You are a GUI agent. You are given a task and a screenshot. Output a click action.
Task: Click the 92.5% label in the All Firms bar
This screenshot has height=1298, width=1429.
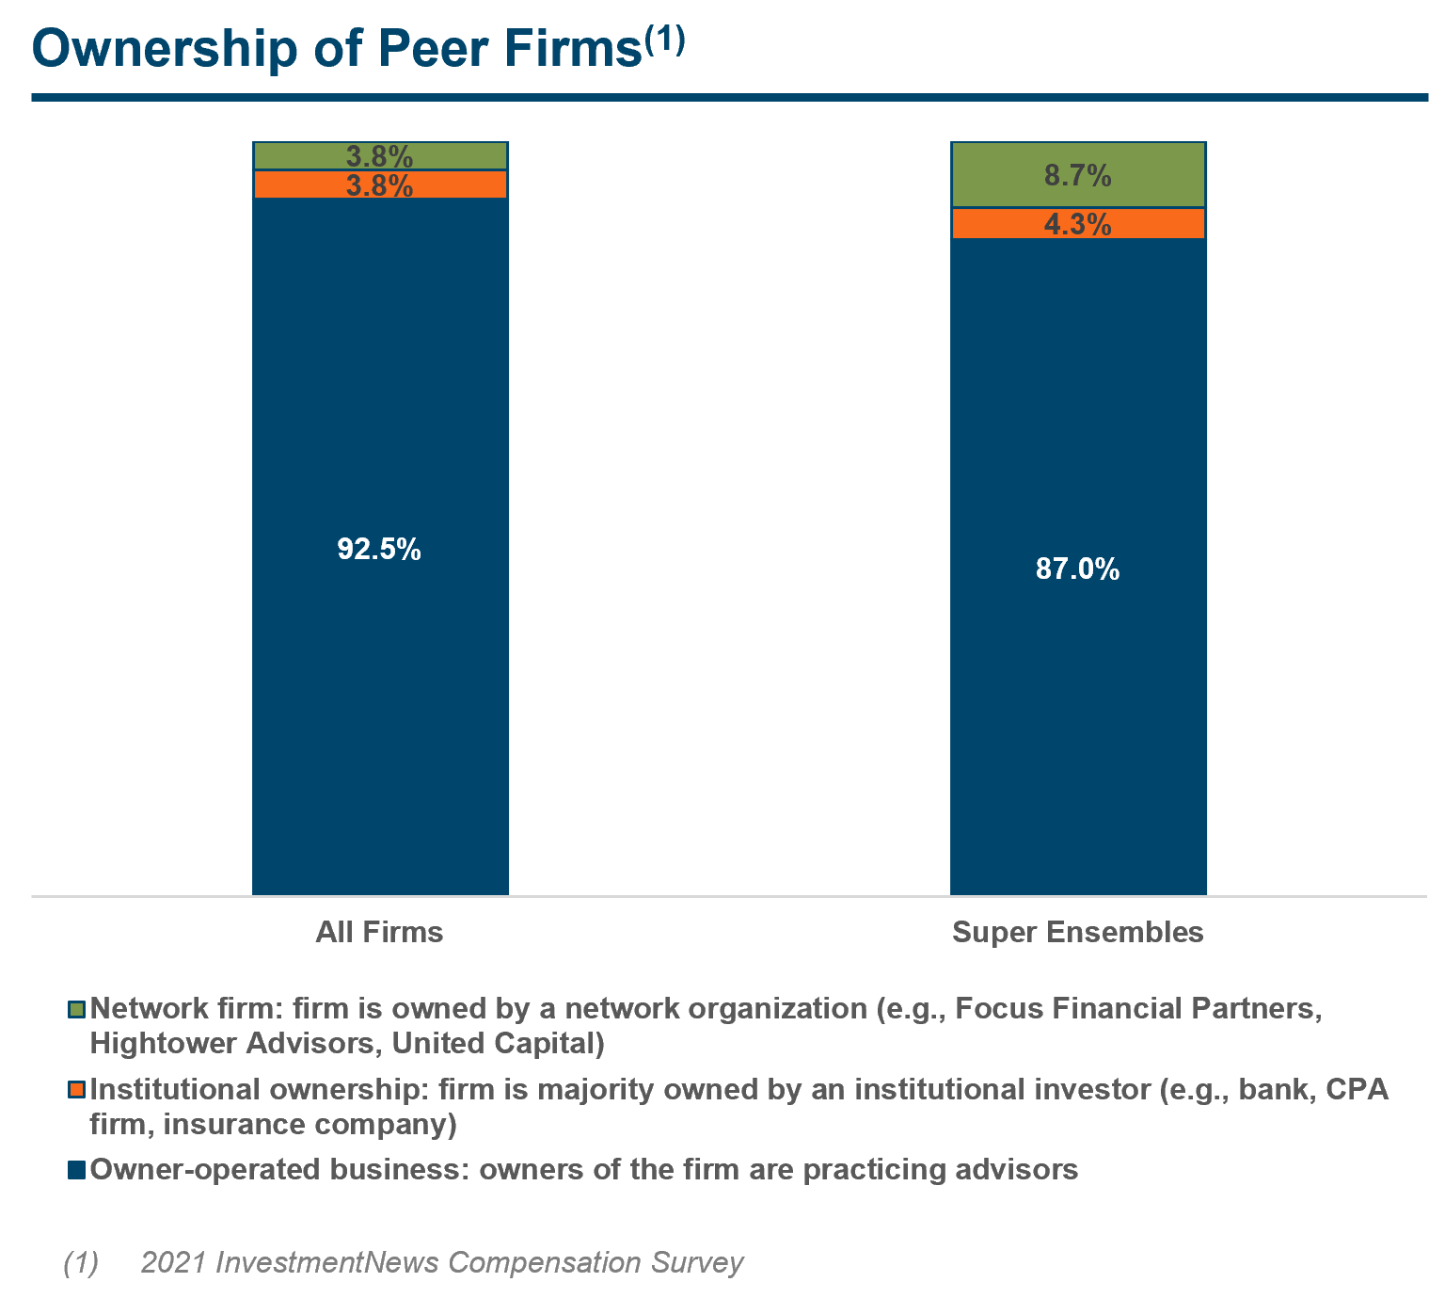pyautogui.click(x=379, y=549)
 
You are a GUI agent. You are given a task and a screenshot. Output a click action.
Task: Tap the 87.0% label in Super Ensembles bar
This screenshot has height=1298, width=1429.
pyautogui.click(x=1077, y=569)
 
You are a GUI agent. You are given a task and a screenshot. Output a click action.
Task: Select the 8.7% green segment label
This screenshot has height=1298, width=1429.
pyautogui.click(x=1077, y=175)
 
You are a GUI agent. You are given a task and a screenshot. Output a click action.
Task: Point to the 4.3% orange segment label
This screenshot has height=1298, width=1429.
pyautogui.click(x=1077, y=224)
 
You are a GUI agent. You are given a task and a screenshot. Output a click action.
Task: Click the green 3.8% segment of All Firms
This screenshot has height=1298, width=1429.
pyautogui.click(x=379, y=155)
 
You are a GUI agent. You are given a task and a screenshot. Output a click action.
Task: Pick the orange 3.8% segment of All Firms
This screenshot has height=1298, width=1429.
pyautogui.click(x=379, y=185)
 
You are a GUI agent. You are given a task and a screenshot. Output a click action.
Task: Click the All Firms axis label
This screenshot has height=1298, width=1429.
pyautogui.click(x=379, y=932)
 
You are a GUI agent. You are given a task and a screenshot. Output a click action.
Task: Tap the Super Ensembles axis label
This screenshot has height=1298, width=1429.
pyautogui.click(x=1077, y=932)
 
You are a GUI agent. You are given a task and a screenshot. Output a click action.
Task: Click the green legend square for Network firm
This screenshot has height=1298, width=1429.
pyautogui.click(x=77, y=1010)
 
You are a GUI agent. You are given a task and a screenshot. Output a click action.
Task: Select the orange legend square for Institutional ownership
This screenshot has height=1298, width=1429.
pyautogui.click(x=77, y=1090)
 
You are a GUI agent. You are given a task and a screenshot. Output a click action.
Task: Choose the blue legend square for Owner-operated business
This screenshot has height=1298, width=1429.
pyautogui.click(x=77, y=1170)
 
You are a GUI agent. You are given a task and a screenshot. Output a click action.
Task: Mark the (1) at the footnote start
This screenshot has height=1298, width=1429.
pyautogui.click(x=81, y=1262)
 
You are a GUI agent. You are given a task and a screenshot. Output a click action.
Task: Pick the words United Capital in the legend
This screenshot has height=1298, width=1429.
pyautogui.click(x=497, y=1043)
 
